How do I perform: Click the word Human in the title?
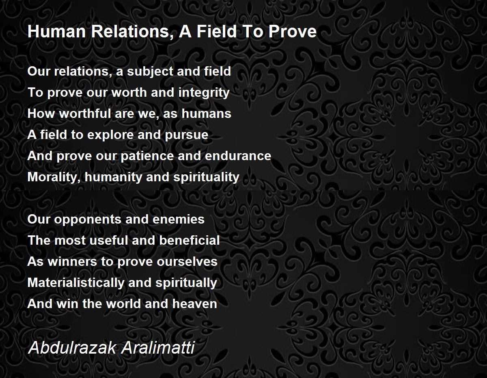click(x=56, y=31)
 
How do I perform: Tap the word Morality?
click(x=54, y=177)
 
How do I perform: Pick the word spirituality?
click(x=206, y=177)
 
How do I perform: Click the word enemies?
click(x=179, y=219)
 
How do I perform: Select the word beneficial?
click(x=190, y=240)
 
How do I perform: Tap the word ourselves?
click(x=187, y=261)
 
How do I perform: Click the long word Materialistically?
click(x=76, y=282)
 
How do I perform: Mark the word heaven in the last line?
click(x=194, y=304)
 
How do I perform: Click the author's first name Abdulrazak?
click(x=72, y=348)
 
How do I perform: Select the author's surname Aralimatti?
click(x=158, y=348)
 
